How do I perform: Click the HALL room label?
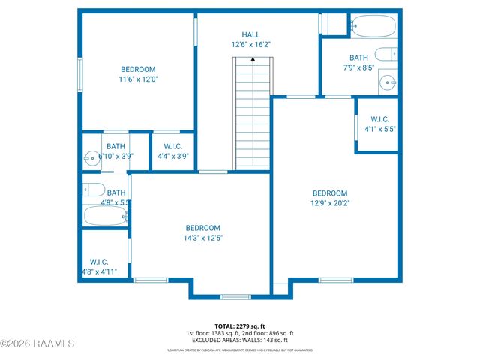click(x=250, y=34)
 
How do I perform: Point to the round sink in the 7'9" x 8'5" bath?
click(x=388, y=82)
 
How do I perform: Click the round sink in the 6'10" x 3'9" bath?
click(x=92, y=158)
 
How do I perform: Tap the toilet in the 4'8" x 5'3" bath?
click(x=93, y=190)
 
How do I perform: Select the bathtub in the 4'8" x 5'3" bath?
click(x=104, y=217)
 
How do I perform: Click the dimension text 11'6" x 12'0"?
click(x=138, y=79)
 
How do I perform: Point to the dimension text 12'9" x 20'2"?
click(x=330, y=202)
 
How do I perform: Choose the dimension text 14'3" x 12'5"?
click(x=203, y=238)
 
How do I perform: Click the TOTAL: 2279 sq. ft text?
click(x=239, y=326)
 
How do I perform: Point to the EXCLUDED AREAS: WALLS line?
click(x=239, y=340)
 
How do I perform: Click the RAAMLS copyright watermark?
click(x=37, y=343)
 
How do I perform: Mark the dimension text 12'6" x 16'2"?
click(x=250, y=45)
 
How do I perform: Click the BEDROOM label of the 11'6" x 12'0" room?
click(x=138, y=69)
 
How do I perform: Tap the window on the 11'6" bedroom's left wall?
click(x=80, y=75)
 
